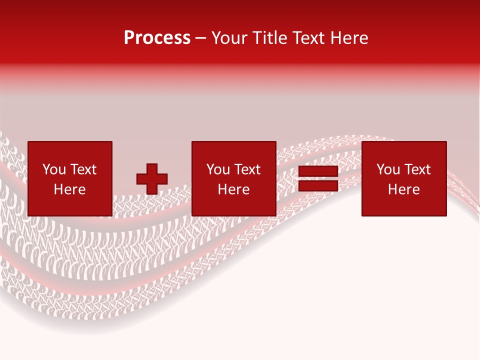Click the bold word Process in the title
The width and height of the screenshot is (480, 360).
157,38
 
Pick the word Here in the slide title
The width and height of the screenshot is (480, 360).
350,38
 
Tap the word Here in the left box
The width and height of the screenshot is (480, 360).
69,189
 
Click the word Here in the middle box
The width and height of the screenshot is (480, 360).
233,189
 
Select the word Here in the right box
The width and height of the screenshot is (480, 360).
403,189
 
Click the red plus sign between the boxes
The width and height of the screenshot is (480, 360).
152,179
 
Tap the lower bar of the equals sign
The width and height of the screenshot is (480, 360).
318,186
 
